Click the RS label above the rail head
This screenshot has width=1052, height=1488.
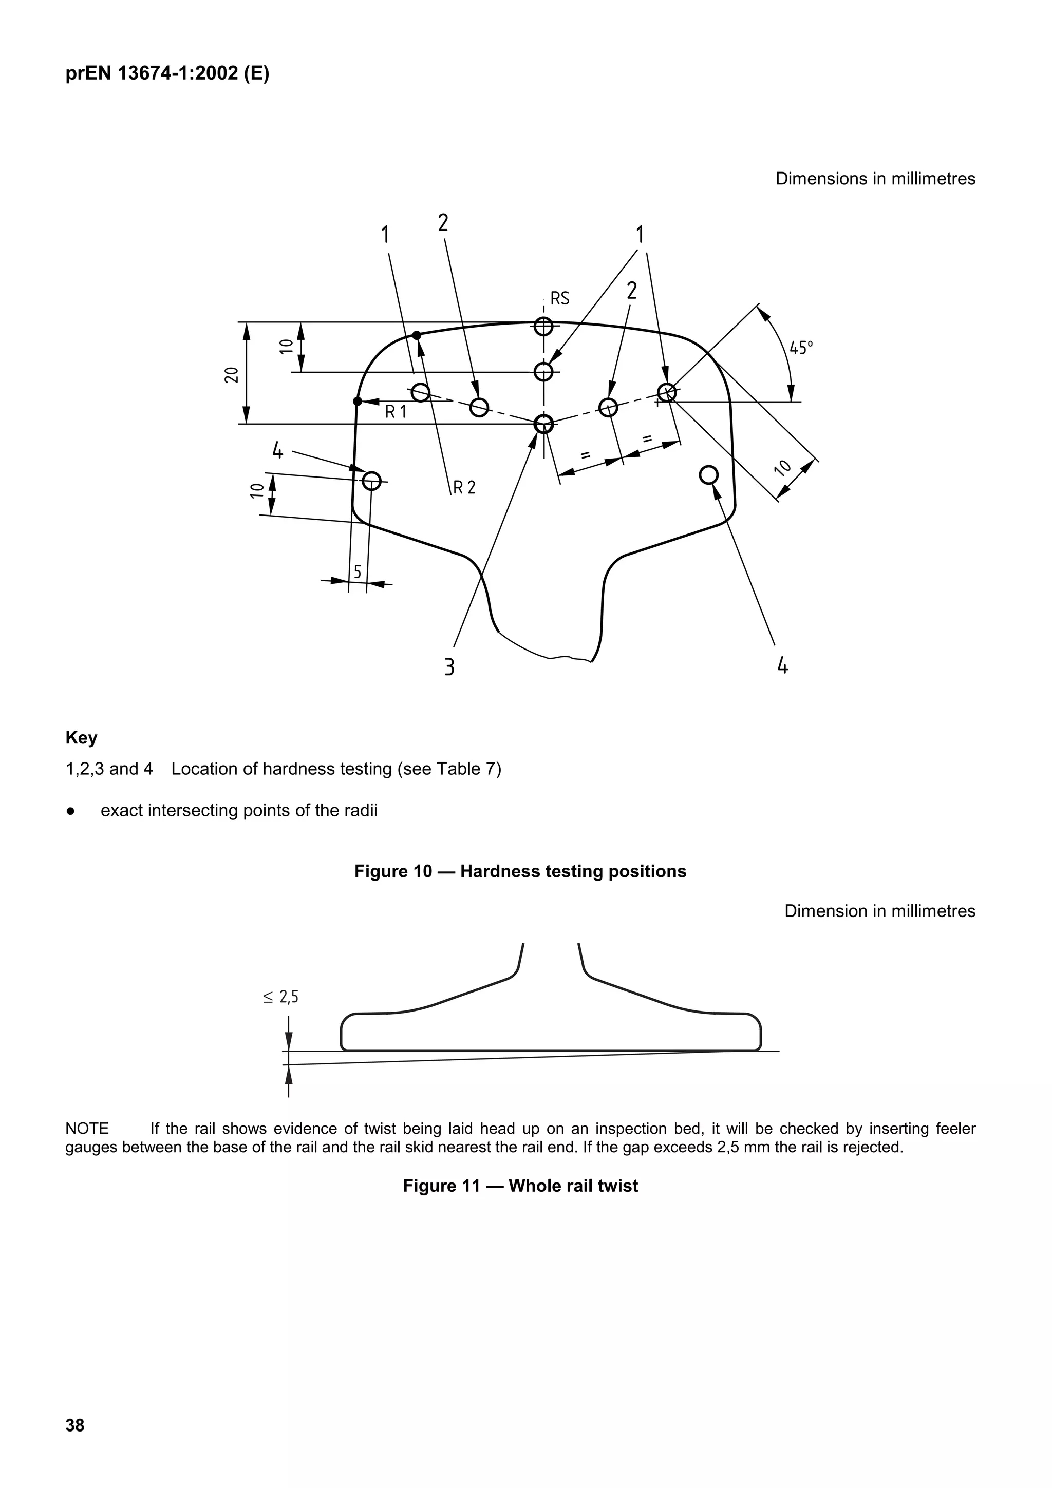point(559,298)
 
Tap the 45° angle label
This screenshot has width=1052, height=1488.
point(801,348)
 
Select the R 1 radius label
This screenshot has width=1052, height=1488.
point(396,411)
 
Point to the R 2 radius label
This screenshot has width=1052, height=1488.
point(464,487)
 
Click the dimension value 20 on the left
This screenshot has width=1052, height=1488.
point(231,375)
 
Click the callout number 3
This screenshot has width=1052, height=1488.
point(448,667)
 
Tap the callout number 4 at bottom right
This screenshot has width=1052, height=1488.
point(782,665)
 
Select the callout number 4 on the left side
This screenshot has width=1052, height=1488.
point(277,450)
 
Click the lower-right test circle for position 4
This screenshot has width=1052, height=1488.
point(708,475)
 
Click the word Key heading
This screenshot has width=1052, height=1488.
point(82,738)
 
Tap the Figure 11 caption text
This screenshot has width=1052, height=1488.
point(520,1186)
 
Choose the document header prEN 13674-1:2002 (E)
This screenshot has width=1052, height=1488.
point(167,74)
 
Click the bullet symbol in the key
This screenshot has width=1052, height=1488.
point(70,811)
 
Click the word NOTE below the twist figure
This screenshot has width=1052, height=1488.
point(87,1129)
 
